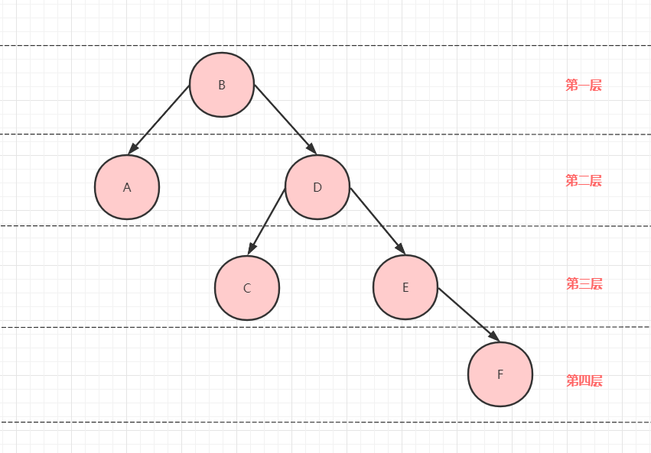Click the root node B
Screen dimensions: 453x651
click(222, 85)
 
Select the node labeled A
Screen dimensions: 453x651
click(127, 187)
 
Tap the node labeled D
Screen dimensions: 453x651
click(317, 187)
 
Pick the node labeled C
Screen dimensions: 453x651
click(247, 288)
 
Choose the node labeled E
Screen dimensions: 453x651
click(405, 287)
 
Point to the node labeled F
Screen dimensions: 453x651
click(500, 374)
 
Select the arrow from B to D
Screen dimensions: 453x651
click(283, 118)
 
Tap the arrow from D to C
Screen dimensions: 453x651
click(268, 219)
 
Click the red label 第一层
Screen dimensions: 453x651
click(584, 86)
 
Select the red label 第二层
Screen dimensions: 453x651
click(584, 181)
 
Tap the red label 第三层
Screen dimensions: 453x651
click(584, 284)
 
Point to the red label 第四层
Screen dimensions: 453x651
click(584, 380)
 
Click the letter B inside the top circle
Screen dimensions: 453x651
click(222, 85)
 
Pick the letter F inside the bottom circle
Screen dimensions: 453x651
click(500, 374)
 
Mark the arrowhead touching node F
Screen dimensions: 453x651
click(494, 337)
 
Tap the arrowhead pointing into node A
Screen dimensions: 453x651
click(133, 149)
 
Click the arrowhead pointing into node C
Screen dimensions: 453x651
click(250, 250)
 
